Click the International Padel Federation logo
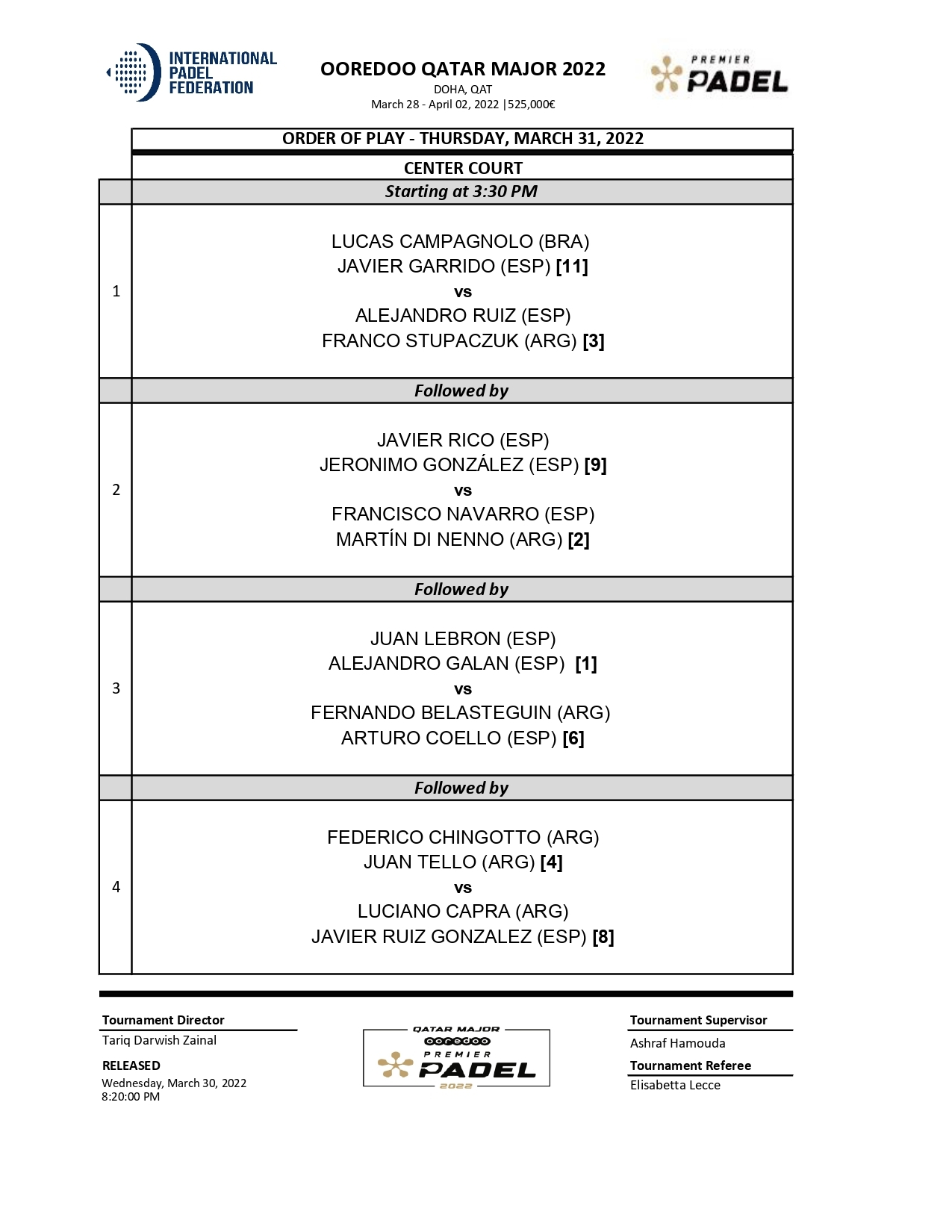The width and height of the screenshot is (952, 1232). pos(192,72)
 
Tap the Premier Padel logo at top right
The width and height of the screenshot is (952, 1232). pos(719,75)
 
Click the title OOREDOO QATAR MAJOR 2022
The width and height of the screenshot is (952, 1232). pos(462,69)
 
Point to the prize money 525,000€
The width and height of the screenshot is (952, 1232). pos(532,105)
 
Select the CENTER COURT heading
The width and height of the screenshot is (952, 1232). pos(463,168)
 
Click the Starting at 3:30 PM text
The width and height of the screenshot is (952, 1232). pos(461,192)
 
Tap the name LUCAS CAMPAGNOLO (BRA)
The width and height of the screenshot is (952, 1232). pos(460,242)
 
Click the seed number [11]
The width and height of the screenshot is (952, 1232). pos(572,267)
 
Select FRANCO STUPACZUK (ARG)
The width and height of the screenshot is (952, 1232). pos(449,341)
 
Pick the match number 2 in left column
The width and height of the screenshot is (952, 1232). pos(116,490)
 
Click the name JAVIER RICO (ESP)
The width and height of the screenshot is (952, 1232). pos(463,441)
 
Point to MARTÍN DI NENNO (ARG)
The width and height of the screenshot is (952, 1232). pos(449,540)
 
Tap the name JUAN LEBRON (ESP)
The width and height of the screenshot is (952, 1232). pos(463,639)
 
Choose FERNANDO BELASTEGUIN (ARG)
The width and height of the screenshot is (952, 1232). pos(460,713)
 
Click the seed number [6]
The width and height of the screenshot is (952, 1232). pos(573,738)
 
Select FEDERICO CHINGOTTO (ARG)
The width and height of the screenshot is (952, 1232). pos(463,838)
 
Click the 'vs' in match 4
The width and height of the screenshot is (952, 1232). pos(463,888)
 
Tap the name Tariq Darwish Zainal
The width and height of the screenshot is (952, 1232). pos(159,1040)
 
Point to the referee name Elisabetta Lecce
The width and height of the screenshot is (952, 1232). pos(675,1085)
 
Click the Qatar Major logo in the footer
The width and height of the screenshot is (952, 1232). pos(456,1058)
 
